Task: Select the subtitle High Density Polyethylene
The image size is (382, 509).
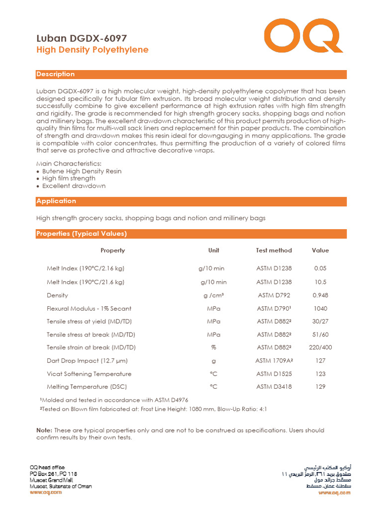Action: coord(93,50)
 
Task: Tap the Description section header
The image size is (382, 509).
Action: coord(56,74)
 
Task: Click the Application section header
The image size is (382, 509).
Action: coord(56,201)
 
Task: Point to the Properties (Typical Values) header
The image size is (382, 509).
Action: coord(82,234)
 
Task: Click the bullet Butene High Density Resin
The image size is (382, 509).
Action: coord(82,171)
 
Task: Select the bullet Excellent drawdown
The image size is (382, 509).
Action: coord(74,186)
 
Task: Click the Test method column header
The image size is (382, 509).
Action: coord(274,250)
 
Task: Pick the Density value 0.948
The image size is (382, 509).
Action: coord(320,295)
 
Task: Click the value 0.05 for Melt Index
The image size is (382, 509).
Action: coord(320,268)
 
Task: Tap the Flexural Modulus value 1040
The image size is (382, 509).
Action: coord(320,309)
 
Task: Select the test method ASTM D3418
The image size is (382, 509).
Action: coord(274,386)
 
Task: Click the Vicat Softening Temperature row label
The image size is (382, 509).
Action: coord(89,374)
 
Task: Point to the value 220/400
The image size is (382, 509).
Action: coord(320,347)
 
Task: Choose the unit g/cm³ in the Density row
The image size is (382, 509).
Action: coord(213,295)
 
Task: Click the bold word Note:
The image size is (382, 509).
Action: coord(44,430)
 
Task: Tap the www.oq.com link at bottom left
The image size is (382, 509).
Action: coord(46,492)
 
